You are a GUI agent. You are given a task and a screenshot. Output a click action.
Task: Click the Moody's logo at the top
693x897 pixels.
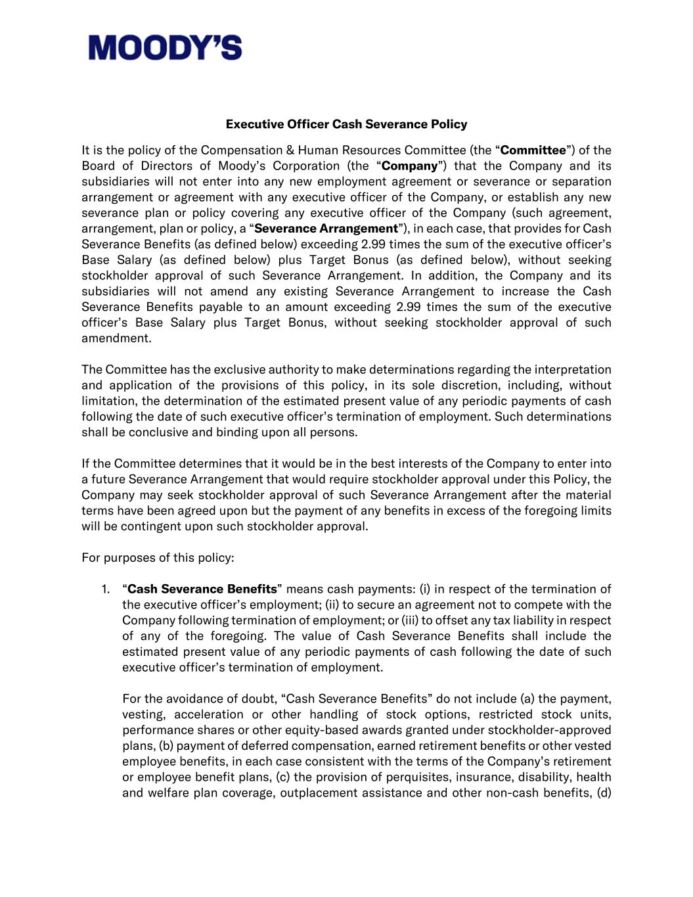[x=165, y=48]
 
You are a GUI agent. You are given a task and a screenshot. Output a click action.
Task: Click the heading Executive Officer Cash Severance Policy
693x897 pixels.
[x=346, y=124]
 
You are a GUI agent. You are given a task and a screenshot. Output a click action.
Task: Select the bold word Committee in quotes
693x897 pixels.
[x=532, y=150]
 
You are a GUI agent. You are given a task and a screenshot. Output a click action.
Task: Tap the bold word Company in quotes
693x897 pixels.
[x=409, y=166]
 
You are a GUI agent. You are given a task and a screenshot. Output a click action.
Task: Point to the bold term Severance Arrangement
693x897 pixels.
[x=326, y=229]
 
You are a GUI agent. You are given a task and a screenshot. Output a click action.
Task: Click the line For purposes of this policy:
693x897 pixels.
[x=158, y=558]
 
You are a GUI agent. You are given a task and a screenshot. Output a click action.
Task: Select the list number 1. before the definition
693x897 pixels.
[x=106, y=589]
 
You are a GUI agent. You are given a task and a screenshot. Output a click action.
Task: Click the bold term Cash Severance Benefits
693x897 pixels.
[x=202, y=589]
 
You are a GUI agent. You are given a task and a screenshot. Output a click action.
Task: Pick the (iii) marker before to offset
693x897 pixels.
[x=410, y=620]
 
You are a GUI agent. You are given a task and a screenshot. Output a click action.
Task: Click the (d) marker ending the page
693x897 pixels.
[x=604, y=793]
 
